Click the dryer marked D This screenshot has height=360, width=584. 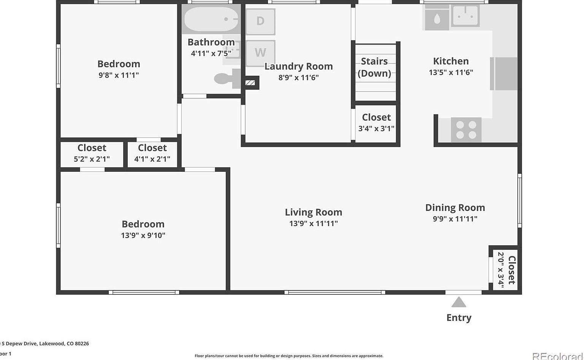click(x=260, y=21)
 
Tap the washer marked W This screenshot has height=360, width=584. click(x=260, y=52)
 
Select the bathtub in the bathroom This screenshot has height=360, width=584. click(x=211, y=19)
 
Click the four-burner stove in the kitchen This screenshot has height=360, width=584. click(x=466, y=130)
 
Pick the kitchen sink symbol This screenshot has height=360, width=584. click(x=465, y=16)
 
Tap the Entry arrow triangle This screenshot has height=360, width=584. click(x=459, y=302)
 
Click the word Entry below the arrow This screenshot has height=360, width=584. click(x=459, y=317)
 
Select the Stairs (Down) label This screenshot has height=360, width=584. click(x=375, y=67)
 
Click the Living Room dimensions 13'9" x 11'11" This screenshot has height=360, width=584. click(x=313, y=224)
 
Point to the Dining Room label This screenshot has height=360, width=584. click(x=455, y=208)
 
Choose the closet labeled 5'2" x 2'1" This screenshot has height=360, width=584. click(x=92, y=154)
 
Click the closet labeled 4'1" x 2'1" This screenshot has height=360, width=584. click(x=152, y=154)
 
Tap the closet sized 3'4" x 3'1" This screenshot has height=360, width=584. click(x=376, y=123)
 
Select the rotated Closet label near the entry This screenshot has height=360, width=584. click(x=512, y=270)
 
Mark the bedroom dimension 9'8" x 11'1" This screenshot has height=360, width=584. click(x=119, y=75)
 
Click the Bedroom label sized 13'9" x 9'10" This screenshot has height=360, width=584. click(x=143, y=224)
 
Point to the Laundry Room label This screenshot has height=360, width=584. click(x=298, y=67)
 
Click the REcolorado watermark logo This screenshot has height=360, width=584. click(x=557, y=356)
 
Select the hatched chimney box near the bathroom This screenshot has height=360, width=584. click(x=250, y=82)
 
